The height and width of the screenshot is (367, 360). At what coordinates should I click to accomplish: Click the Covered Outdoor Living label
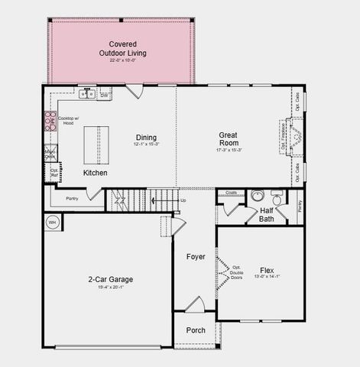coord(122,49)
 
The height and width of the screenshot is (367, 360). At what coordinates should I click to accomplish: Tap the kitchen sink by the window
coord(89,94)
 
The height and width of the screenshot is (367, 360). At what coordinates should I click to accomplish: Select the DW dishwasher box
coord(104,95)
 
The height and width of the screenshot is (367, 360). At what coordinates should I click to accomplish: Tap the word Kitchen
coord(96,174)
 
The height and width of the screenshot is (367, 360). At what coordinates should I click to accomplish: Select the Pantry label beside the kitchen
coord(72,198)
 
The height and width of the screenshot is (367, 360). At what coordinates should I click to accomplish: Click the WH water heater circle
coord(52,222)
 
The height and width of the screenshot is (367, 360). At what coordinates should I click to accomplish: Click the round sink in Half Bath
coord(258,196)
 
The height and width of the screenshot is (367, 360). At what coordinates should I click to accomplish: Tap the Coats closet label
coord(232,193)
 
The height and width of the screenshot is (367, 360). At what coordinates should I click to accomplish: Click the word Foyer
coord(196,256)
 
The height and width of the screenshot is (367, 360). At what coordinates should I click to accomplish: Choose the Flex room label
coord(267,271)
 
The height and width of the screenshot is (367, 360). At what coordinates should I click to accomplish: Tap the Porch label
coord(196,330)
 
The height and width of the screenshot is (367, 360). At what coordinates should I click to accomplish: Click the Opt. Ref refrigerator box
coord(54,174)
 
